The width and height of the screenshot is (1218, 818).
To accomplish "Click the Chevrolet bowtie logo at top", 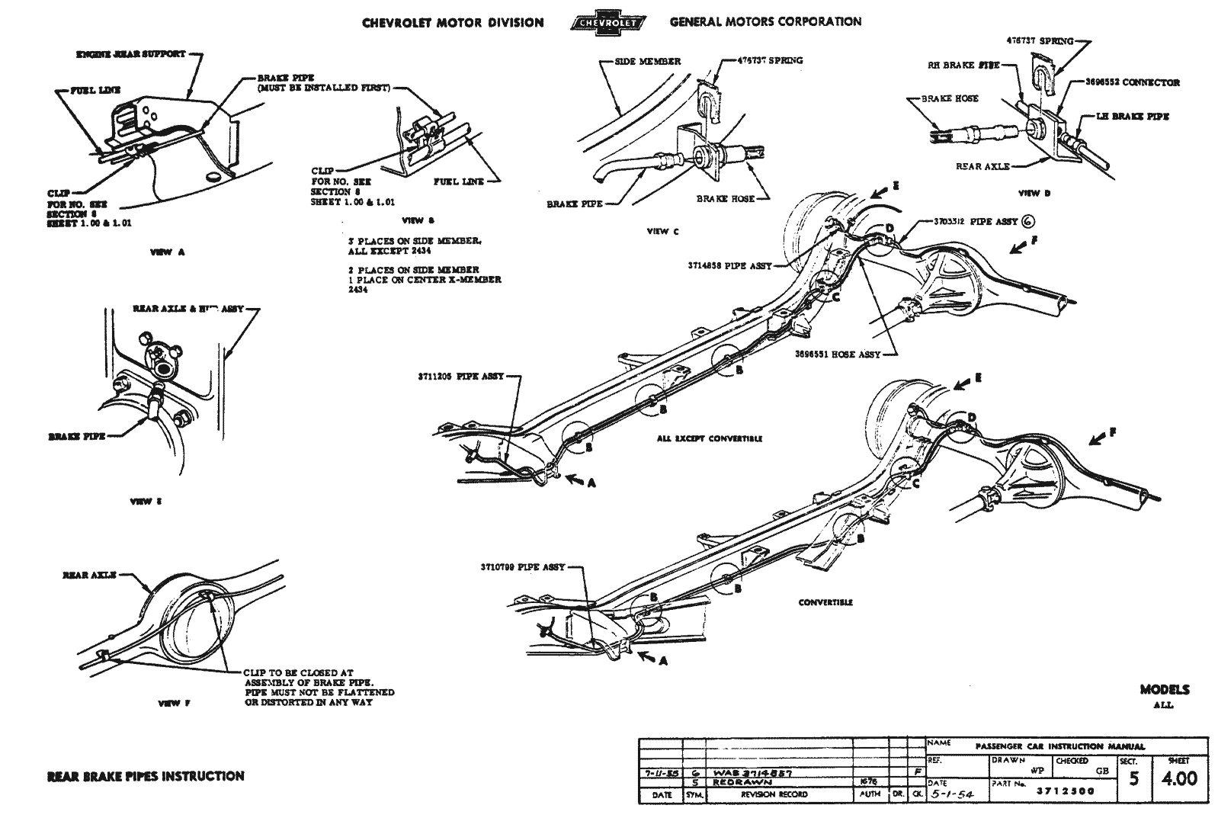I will [x=607, y=22].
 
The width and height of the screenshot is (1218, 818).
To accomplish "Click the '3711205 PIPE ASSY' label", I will [x=460, y=377].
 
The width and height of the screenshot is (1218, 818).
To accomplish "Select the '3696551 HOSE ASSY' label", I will [x=837, y=354].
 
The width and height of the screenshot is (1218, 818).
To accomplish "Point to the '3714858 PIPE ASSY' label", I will [x=729, y=266].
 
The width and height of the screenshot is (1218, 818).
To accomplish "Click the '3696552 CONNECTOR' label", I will [x=1132, y=82].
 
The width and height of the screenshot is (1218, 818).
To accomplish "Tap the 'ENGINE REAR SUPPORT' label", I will [x=130, y=55].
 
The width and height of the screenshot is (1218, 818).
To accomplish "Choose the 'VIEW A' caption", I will [x=167, y=252].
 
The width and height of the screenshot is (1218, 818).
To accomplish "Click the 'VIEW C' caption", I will [x=657, y=232].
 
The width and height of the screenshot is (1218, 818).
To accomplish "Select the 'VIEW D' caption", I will [x=1034, y=194].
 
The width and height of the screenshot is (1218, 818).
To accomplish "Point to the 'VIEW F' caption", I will [x=169, y=704].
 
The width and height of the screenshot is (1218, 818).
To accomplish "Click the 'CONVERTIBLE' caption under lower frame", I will [x=825, y=602].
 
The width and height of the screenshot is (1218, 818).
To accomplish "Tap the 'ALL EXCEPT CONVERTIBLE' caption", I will [x=709, y=439].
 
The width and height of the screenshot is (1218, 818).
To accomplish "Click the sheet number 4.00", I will [x=1178, y=779].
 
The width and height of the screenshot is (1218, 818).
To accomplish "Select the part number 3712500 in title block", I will [x=1065, y=791].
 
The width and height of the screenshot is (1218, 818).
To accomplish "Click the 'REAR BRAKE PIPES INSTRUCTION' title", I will [x=146, y=776].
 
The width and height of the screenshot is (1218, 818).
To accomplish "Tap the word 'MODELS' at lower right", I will [x=1164, y=690].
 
